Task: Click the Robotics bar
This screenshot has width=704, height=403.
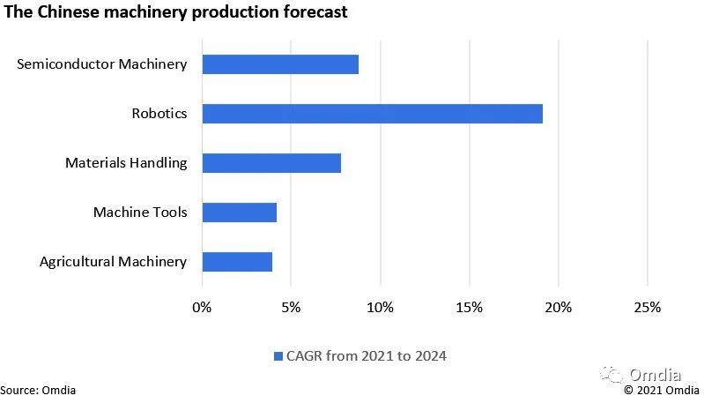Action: click(372, 114)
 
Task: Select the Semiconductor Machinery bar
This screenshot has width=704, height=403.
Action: click(280, 64)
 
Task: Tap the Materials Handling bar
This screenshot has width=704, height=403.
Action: click(271, 163)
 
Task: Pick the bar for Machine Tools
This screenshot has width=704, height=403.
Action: click(240, 213)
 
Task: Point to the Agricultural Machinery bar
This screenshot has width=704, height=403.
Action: click(237, 262)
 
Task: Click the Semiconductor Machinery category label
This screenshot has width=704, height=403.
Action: click(101, 64)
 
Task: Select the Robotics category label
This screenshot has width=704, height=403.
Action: click(159, 114)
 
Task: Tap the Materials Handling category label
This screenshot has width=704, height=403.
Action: click(126, 163)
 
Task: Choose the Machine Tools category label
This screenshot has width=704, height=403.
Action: click(140, 213)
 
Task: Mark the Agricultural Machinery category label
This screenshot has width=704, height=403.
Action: click(114, 262)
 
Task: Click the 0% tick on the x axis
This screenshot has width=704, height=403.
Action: click(202, 307)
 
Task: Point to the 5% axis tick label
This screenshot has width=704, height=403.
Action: click(291, 307)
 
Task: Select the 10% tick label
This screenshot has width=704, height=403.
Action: click(380, 307)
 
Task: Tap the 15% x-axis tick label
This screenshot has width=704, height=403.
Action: click(469, 307)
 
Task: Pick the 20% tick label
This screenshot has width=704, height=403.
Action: click(558, 307)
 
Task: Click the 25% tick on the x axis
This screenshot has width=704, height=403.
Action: click(647, 307)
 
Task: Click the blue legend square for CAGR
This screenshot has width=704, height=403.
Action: click(278, 356)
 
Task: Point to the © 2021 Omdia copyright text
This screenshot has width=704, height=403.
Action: click(663, 389)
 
